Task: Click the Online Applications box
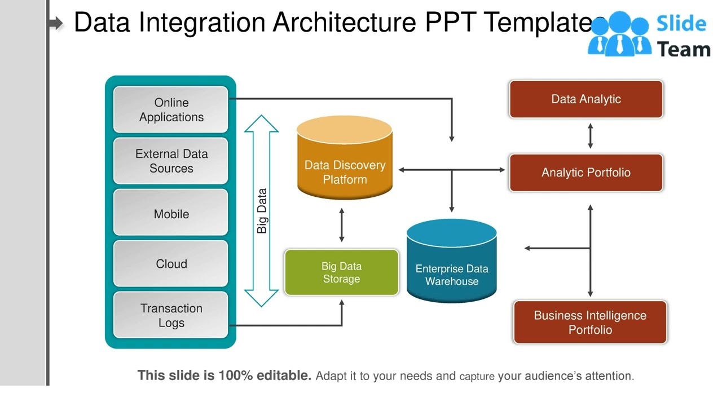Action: coord(171,110)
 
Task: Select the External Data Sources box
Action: coord(171,161)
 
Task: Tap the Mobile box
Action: coord(171,213)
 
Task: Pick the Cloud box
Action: coord(171,263)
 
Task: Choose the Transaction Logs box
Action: coord(171,315)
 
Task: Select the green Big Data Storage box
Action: coord(341,272)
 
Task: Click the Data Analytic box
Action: coord(585,99)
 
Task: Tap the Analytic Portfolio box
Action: coord(585,173)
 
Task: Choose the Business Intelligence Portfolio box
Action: coord(590,323)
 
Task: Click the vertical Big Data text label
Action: coord(262,211)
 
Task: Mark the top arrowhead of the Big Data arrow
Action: coord(261,123)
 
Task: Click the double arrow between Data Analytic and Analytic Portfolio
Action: coord(590,136)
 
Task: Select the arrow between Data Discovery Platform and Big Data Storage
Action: coord(341,224)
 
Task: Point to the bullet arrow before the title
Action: coord(56,23)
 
